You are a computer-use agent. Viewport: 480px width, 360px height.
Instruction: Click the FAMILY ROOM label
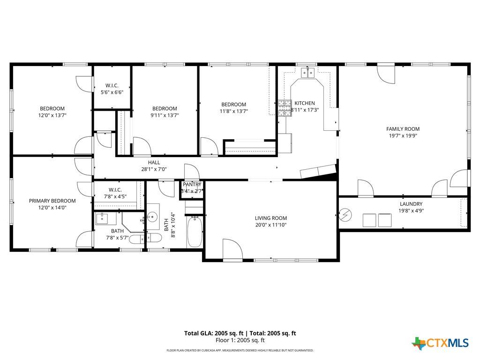pos(403,129)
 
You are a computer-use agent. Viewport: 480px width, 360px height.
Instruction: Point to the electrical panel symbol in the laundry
pos(346,215)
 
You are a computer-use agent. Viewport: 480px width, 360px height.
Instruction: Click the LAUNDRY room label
pos(411,204)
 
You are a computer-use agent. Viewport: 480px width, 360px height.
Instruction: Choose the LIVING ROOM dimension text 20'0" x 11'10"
pos(270,225)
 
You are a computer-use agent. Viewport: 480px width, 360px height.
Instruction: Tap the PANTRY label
pos(192,185)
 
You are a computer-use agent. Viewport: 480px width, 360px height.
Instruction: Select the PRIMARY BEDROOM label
pos(52,201)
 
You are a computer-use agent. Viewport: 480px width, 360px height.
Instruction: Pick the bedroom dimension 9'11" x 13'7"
pos(165,115)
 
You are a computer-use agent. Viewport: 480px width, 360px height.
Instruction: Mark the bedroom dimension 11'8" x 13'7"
pos(233,111)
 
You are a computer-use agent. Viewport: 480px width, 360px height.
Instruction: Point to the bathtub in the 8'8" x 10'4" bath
pos(195,232)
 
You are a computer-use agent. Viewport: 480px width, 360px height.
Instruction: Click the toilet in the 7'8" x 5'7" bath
pos(137,240)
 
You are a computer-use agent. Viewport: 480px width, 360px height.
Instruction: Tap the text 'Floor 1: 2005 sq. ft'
pos(240,340)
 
